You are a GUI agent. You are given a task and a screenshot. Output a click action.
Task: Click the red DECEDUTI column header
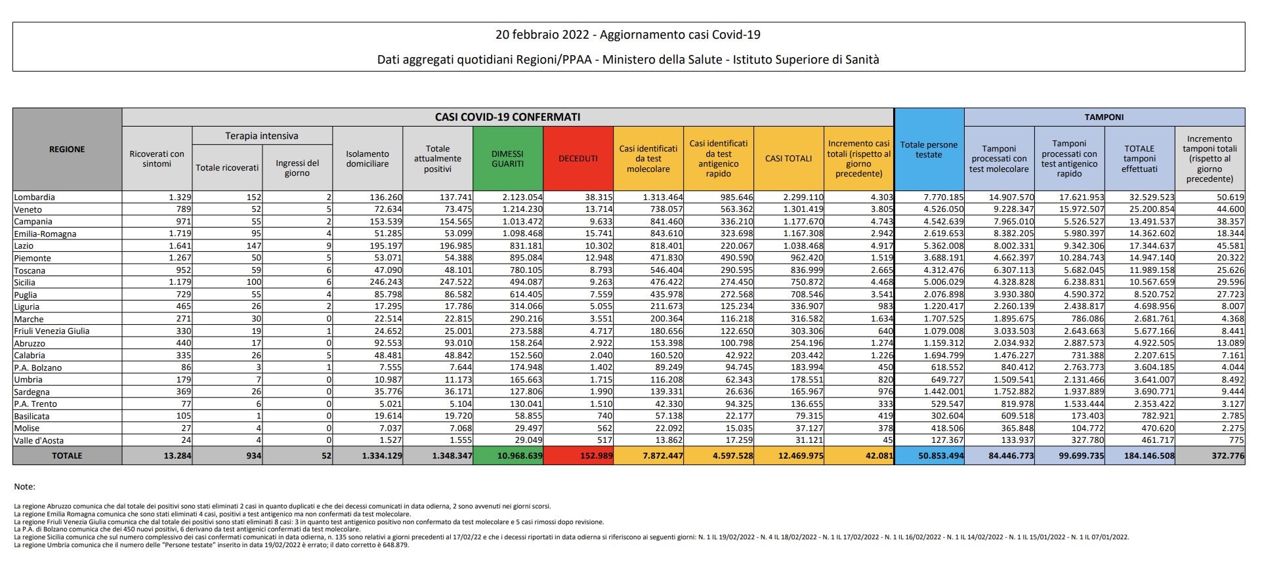[578, 159]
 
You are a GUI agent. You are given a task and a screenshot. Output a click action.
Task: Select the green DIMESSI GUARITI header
[507, 159]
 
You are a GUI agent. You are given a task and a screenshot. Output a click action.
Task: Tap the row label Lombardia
[34, 197]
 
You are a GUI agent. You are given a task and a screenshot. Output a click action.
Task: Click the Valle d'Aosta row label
[39, 440]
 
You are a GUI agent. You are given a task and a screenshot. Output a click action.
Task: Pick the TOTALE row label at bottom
[67, 455]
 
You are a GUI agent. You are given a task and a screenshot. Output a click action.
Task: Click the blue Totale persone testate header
[929, 150]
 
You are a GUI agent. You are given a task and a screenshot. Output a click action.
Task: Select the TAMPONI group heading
[1104, 117]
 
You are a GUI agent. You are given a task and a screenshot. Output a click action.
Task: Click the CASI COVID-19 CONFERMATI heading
[507, 117]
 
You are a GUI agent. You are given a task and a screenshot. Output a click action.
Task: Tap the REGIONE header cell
[67, 150]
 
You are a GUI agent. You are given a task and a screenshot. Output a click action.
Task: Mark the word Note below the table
[24, 487]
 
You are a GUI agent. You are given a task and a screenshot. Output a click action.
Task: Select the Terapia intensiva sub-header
[261, 136]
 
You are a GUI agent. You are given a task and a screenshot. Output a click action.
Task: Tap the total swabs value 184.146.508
[1148, 455]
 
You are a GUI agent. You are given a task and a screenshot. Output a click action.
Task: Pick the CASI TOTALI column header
[788, 159]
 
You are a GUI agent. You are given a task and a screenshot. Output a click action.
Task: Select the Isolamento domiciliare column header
[368, 159]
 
